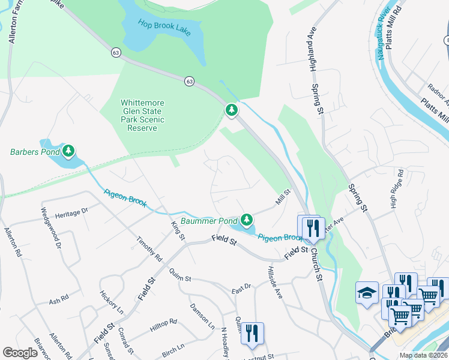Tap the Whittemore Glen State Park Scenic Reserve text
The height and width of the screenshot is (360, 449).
click(x=142, y=115)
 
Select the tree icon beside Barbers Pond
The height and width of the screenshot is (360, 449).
click(x=70, y=151)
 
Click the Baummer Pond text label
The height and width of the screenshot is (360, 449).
click(x=209, y=221)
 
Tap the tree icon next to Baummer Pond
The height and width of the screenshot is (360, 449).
click(x=247, y=220)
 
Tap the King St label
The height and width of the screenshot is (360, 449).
click(x=177, y=229)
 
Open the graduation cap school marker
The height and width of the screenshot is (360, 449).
click(x=367, y=292)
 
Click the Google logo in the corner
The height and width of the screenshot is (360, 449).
click(x=20, y=353)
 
